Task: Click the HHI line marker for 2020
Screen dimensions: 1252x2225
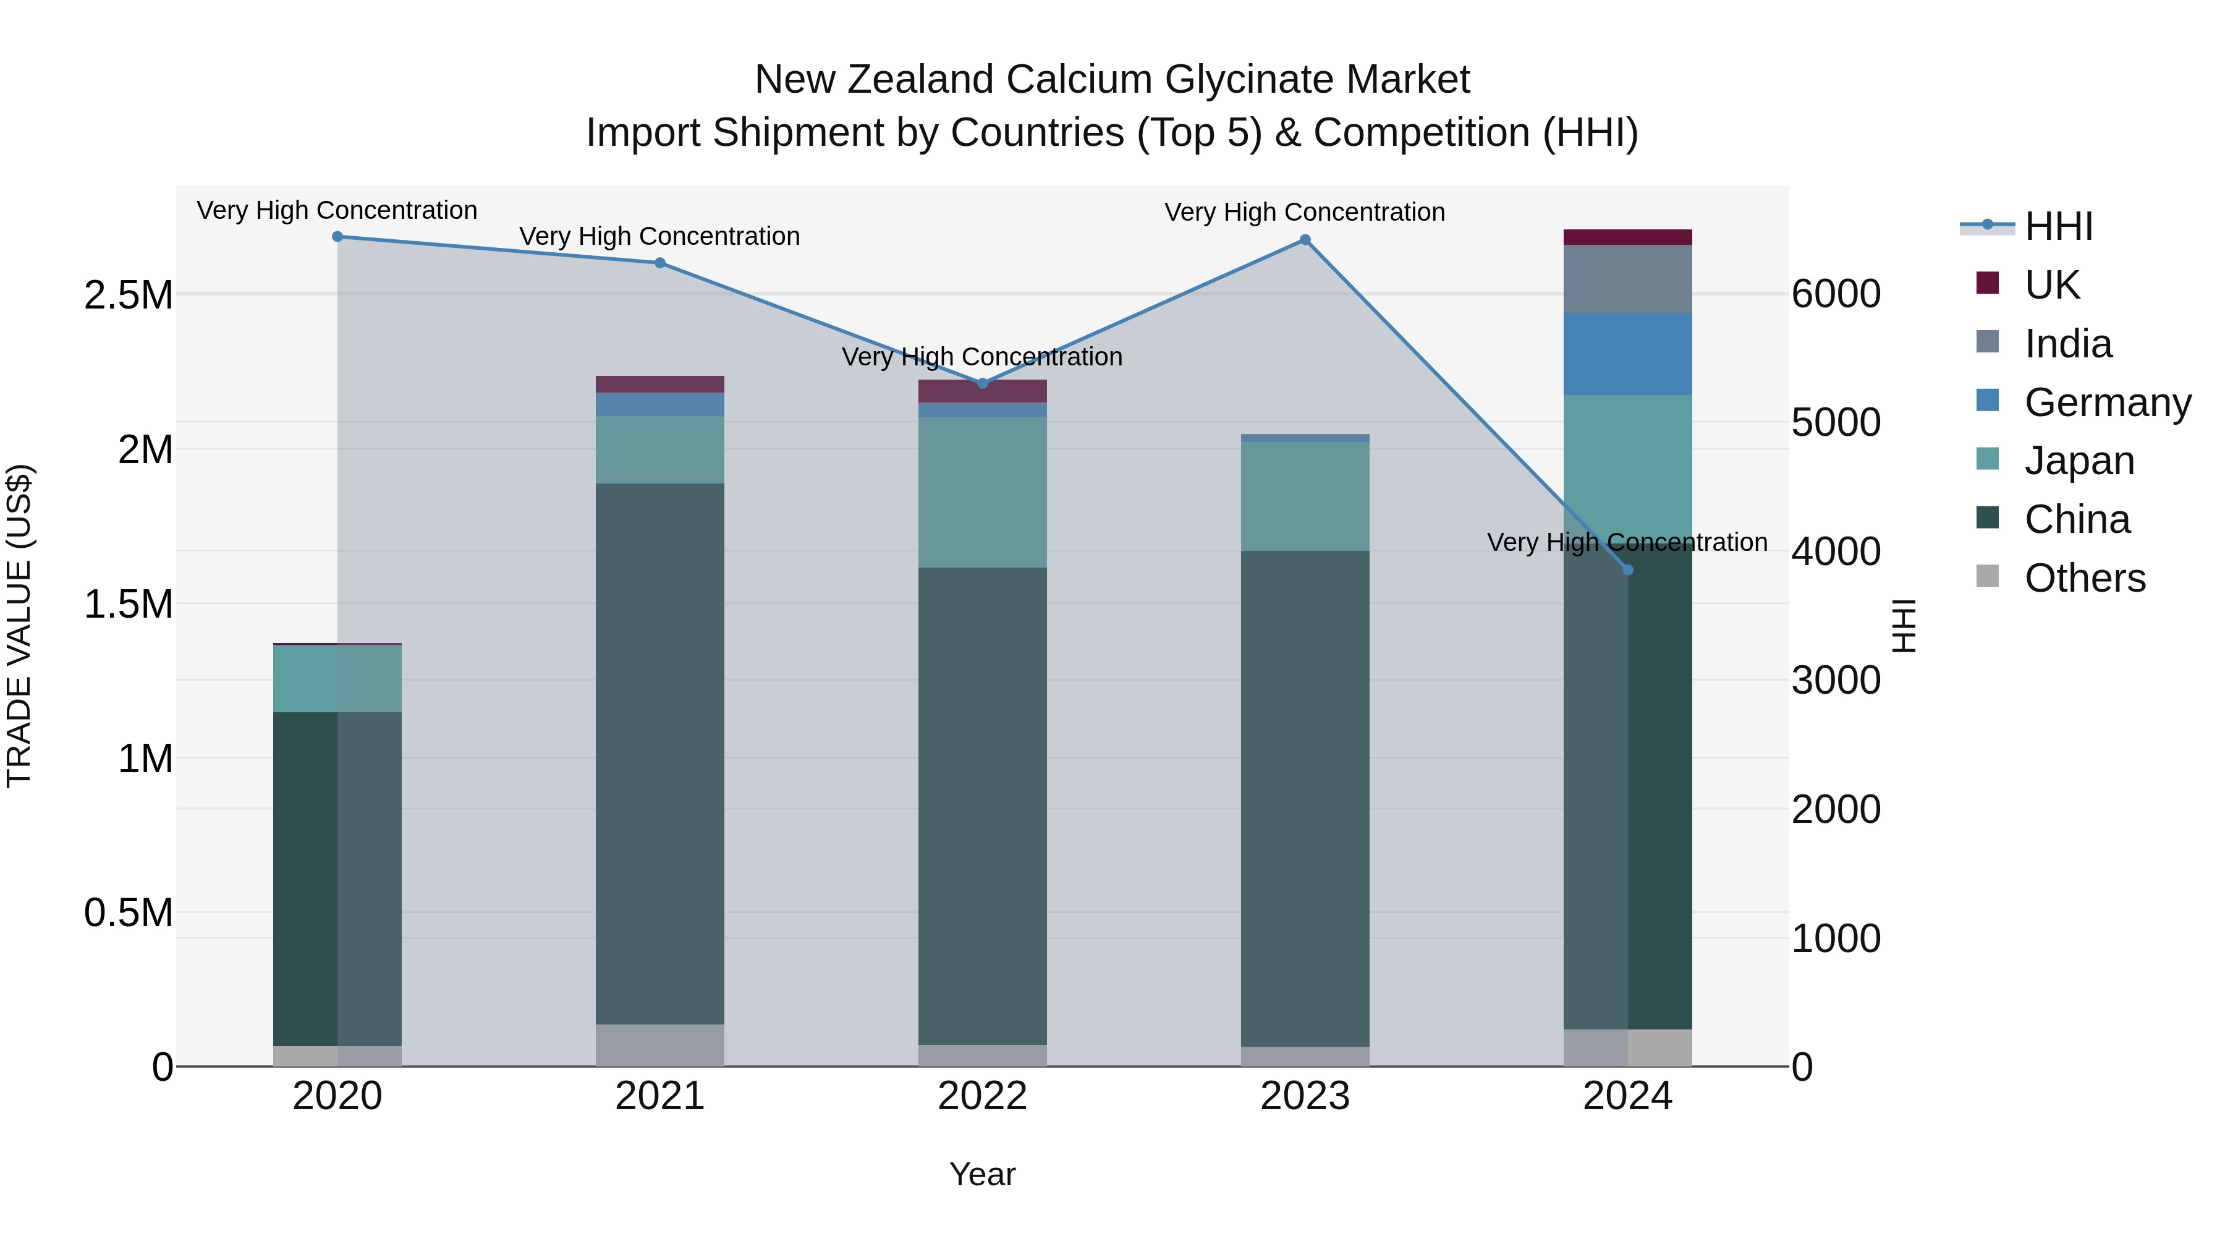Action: (337, 237)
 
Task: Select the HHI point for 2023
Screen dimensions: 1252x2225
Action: (1305, 241)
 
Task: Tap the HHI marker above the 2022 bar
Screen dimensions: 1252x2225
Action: (982, 383)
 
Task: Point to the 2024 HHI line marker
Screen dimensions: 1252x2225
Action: (1628, 570)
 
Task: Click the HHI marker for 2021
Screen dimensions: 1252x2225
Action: (660, 263)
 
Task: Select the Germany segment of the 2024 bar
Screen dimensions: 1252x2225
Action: (1627, 354)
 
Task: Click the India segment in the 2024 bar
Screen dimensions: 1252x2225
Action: (1627, 278)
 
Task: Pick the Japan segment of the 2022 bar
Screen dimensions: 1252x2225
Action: (982, 493)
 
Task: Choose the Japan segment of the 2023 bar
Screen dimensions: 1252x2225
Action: (1305, 497)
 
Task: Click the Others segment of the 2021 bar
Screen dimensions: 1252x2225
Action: (660, 1045)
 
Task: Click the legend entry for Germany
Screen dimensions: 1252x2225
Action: (2108, 402)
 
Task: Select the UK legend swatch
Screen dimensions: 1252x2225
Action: (1988, 283)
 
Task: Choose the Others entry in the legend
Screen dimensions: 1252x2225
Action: (2084, 578)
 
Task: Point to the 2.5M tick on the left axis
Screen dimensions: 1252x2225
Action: (128, 296)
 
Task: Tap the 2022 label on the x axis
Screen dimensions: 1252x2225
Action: (982, 1096)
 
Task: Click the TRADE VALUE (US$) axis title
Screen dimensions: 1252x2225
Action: (19, 626)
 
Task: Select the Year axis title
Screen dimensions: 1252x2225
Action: (982, 1174)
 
